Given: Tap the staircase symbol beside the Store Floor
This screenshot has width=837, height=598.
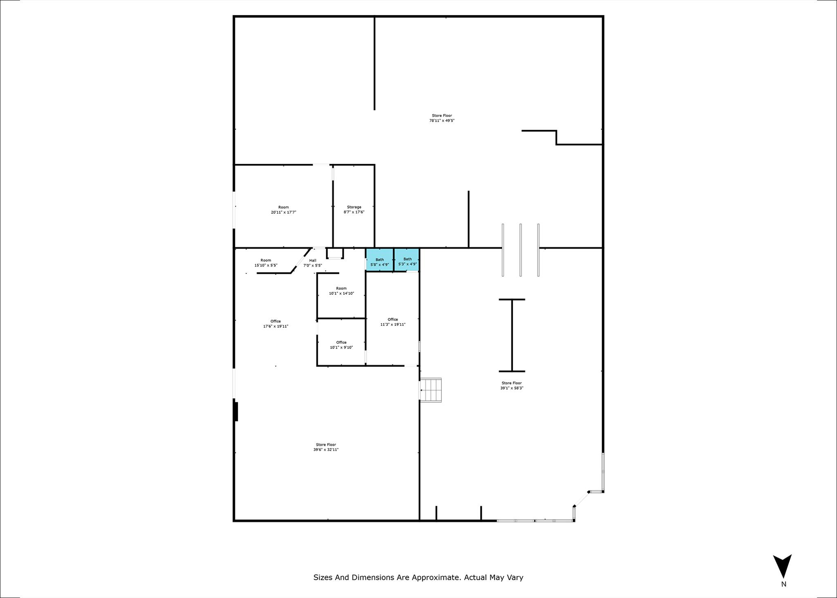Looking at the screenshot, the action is [431, 390].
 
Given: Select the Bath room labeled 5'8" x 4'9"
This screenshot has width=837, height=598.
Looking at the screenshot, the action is [380, 260].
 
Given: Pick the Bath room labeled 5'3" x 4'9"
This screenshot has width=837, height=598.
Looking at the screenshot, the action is [407, 260].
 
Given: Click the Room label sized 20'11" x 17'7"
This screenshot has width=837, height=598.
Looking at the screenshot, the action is [283, 210].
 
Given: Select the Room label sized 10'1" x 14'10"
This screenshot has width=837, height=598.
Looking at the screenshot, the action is [341, 291].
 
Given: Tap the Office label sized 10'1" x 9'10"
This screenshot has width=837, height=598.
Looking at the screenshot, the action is [341, 345].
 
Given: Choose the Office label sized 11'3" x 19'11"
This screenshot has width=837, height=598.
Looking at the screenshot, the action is [393, 322].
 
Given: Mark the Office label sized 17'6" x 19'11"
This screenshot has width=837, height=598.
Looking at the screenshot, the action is [275, 324].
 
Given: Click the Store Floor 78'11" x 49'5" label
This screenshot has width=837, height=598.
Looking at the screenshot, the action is [442, 118].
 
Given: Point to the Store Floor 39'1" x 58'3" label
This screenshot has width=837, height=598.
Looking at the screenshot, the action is [512, 385].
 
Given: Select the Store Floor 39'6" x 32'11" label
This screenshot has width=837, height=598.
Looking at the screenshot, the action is [326, 447].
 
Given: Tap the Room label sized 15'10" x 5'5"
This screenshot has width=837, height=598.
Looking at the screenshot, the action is [266, 263].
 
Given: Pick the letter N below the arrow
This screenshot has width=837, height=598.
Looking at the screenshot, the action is [783, 585].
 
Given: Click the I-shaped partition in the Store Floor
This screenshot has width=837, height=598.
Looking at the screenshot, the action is [512, 336].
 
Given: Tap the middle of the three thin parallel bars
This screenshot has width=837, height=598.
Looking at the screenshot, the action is [521, 250].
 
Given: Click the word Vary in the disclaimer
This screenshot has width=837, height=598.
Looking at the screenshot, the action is [515, 578].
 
